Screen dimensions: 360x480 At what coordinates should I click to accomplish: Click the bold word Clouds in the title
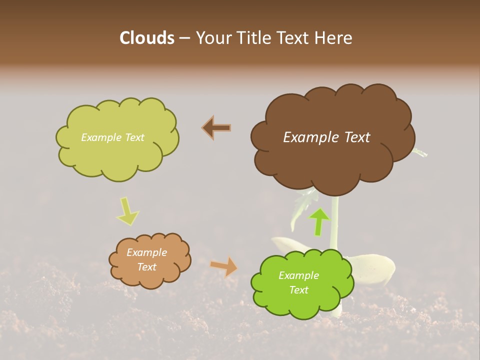147,38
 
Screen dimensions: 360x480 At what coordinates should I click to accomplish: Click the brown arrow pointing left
216,128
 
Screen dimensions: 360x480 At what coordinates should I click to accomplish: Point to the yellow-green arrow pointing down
127,211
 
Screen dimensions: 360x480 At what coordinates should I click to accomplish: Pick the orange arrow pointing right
224,266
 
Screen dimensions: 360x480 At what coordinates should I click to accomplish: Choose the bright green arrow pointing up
319,221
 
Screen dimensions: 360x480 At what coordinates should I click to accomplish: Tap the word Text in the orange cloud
146,267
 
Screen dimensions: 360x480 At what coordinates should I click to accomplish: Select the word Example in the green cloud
298,275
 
